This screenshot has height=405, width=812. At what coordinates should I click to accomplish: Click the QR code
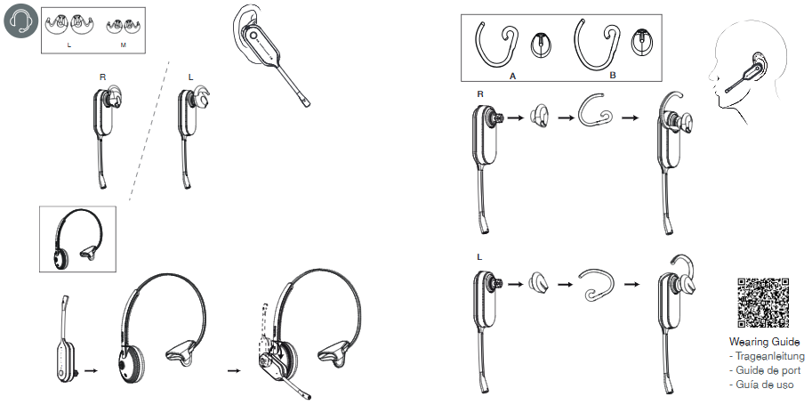pyautogui.click(x=763, y=304)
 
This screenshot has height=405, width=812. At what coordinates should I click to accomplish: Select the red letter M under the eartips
pyautogui.click(x=123, y=44)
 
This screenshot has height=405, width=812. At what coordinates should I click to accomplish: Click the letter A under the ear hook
pyautogui.click(x=513, y=77)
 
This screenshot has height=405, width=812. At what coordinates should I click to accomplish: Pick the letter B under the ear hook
pyautogui.click(x=613, y=77)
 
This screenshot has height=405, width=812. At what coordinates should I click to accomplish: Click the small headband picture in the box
pyautogui.click(x=79, y=238)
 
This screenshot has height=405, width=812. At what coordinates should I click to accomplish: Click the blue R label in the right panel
pyautogui.click(x=481, y=93)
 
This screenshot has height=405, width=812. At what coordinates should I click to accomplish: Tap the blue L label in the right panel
pyautogui.click(x=480, y=257)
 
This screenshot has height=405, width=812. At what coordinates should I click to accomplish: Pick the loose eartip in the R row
pyautogui.click(x=539, y=117)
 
